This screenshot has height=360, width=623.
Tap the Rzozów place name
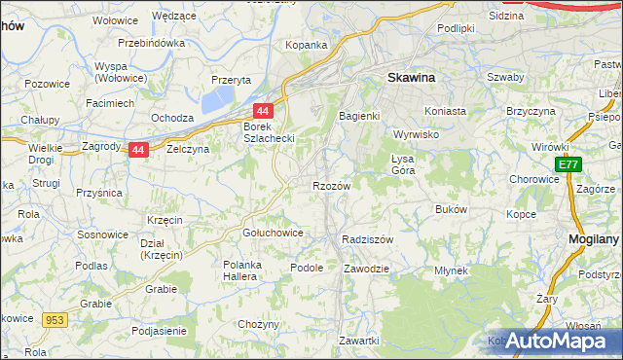[330, 185]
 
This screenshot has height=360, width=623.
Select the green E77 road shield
[569, 166]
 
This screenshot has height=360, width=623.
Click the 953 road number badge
[55, 318]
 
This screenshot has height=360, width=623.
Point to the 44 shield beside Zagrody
[139, 150]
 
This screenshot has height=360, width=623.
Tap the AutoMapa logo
[558, 341]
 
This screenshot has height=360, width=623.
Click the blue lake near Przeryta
[219, 98]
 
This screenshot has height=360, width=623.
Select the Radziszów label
[367, 239]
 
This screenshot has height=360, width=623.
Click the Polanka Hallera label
[251, 270]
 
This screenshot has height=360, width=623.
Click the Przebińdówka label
[151, 44]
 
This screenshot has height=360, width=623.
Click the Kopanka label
[305, 45]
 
